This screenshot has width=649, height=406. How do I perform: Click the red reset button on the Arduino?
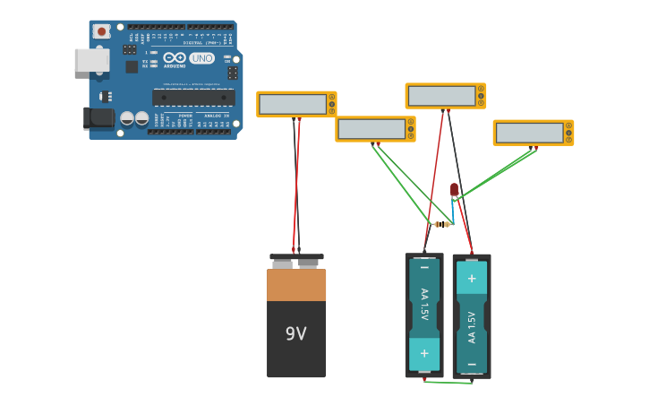pos(101,31)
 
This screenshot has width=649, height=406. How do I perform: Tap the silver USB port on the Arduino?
pos(91,60)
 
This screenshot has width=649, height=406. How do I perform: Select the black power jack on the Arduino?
pos(98,118)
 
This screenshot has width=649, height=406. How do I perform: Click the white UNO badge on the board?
pos(201,58)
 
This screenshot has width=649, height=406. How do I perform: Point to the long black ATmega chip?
pos(193,97)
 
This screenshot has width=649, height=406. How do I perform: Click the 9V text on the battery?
pos(295,333)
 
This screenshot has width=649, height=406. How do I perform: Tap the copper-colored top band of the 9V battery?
pos(296,284)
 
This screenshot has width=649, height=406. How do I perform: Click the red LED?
pos(454,189)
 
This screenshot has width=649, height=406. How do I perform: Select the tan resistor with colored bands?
pos(440,224)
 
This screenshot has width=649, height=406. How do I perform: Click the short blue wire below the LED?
pos(453,212)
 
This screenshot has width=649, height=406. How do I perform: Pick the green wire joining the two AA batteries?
pos(448,382)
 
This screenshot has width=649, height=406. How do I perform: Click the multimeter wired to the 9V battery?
pos(296,104)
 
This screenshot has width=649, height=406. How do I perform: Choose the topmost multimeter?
pos(445,96)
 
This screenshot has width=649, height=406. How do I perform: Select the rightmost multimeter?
pos(533,133)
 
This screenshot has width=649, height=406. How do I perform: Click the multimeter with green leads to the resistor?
pos(375,129)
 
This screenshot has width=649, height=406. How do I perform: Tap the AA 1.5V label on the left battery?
pos(424,305)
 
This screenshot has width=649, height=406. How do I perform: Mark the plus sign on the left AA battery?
pos(424,353)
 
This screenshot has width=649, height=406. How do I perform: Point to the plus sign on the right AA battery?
pos(472,278)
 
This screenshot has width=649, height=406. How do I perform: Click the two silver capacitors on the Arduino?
pos(134,117)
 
